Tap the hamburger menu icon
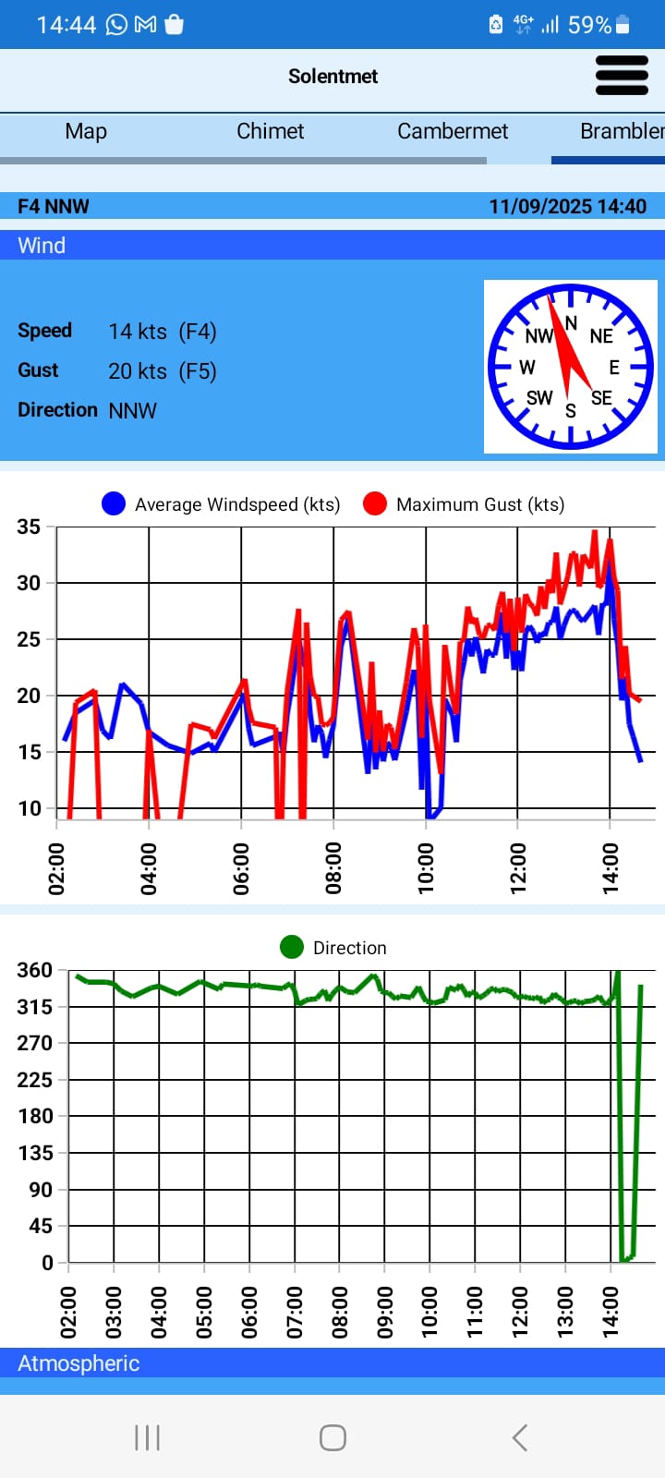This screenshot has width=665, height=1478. tap(622, 76)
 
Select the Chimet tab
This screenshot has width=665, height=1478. tap(270, 131)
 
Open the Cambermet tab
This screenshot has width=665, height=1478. tap(453, 131)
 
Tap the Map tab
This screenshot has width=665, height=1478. tap(86, 131)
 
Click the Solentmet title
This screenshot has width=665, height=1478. tap(332, 77)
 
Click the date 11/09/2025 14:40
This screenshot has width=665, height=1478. tap(567, 206)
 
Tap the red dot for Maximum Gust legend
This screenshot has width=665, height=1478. tap(374, 504)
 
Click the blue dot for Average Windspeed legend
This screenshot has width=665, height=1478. tap(114, 504)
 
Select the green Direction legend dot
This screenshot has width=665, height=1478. tap(292, 948)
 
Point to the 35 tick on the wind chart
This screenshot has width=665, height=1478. tap(29, 527)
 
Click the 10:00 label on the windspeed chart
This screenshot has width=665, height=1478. tap(426, 868)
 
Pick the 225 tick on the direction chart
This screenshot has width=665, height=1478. tap(34, 1080)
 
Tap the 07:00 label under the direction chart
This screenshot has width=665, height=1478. tap(296, 1312)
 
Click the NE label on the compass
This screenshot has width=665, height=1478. tap(601, 336)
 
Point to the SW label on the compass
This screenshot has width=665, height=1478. tap(539, 398)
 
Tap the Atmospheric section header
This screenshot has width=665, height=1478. tap(79, 1363)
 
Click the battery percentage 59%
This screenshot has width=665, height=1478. tap(589, 25)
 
